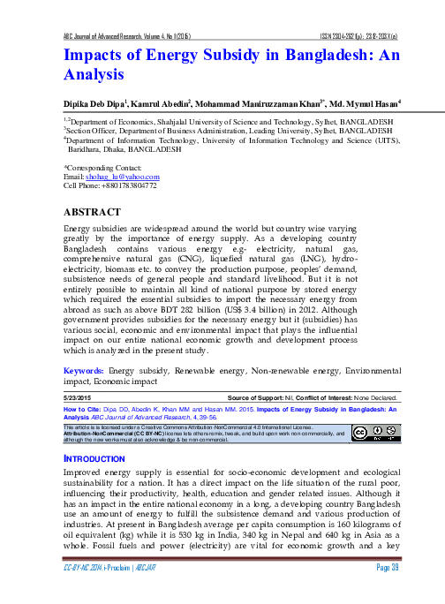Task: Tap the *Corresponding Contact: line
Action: [104, 167]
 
